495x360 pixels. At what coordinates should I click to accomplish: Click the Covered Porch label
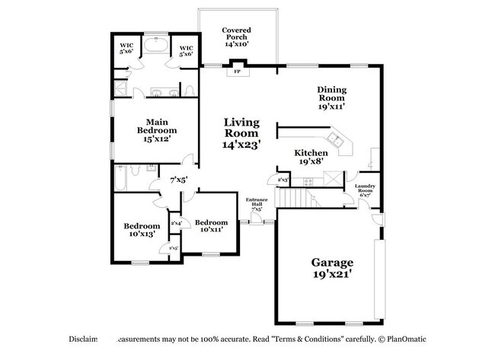(236, 37)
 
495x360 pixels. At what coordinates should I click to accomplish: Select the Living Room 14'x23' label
(242, 132)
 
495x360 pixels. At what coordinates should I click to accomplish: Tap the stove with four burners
(308, 181)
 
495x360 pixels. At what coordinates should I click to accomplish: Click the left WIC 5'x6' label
(126, 49)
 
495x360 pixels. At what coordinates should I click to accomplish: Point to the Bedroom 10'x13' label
(142, 230)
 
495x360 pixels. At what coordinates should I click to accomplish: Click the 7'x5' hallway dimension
(178, 180)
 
